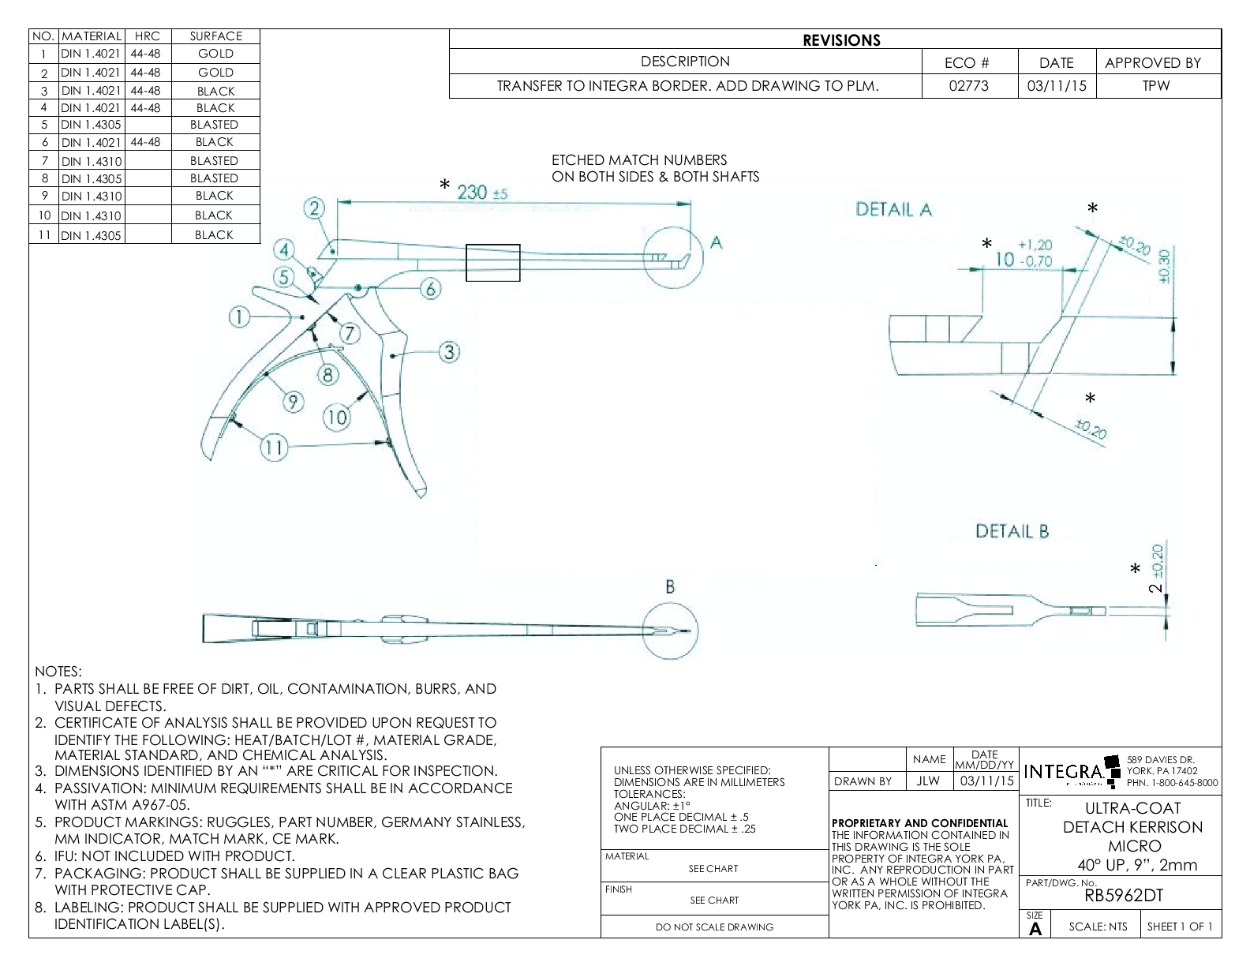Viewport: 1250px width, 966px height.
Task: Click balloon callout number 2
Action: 315,208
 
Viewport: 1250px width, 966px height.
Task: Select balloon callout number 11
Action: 273,448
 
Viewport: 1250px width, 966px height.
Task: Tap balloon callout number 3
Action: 449,352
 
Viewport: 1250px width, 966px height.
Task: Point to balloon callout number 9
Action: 294,402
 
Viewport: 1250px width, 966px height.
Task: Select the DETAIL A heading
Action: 893,209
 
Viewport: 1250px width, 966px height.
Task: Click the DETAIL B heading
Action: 1012,531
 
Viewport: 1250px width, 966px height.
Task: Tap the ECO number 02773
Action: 968,86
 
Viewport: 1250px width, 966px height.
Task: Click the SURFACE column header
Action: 215,36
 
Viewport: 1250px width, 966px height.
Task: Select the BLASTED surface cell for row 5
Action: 214,125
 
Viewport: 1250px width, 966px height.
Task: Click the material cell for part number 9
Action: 92,197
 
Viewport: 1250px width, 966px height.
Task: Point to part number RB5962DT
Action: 1124,895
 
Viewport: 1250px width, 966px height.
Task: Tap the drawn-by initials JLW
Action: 928,781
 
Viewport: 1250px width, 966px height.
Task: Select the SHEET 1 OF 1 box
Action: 1180,927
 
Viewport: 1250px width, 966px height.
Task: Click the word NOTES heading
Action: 58,672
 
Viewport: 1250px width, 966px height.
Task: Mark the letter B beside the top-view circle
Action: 670,587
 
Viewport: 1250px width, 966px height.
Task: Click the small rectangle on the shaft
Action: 492,263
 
